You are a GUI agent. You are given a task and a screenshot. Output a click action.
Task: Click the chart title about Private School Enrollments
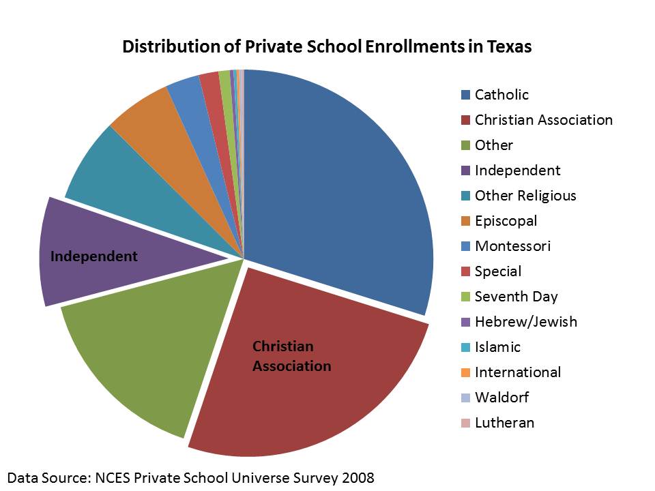(x=327, y=47)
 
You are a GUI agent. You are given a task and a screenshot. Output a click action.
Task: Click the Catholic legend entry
(x=501, y=95)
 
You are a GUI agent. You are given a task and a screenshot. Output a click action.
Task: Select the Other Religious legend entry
(x=525, y=196)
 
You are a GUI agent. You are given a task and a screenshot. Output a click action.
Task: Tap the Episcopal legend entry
(x=506, y=221)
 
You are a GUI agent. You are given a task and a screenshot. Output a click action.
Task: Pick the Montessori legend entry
(x=512, y=246)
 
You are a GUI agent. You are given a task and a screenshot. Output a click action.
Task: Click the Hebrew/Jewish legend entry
(x=525, y=322)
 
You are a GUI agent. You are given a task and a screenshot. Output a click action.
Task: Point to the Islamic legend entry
(x=497, y=347)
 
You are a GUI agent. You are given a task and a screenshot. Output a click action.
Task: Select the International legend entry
(x=518, y=372)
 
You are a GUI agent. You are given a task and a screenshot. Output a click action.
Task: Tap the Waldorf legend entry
(x=501, y=398)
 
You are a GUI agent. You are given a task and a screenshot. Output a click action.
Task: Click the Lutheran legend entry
(x=504, y=423)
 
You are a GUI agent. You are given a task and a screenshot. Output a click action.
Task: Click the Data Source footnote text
(x=191, y=477)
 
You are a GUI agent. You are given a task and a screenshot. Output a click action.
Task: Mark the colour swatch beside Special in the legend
(x=465, y=271)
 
